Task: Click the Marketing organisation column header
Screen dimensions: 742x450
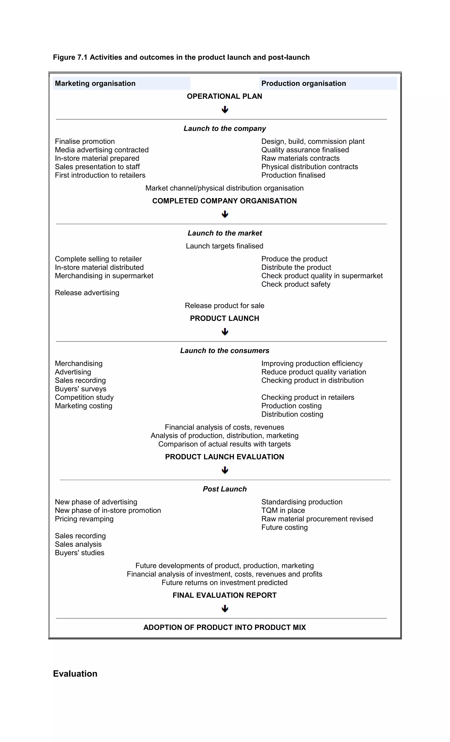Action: click(x=95, y=83)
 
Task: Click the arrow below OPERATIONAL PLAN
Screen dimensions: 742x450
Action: click(x=225, y=110)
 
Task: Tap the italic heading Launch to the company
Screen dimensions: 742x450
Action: click(x=225, y=129)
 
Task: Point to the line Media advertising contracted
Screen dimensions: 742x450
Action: click(x=102, y=150)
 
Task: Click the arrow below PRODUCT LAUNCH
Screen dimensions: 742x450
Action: click(x=225, y=332)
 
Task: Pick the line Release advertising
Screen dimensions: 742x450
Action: click(x=87, y=293)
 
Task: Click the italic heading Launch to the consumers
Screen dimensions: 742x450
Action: click(x=225, y=350)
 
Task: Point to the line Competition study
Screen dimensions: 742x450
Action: click(x=84, y=398)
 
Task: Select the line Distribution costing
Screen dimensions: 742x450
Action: click(x=292, y=414)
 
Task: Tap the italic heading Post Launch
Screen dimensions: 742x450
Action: click(x=225, y=489)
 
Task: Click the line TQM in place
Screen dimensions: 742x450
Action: click(x=283, y=510)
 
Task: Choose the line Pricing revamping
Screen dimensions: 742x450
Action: click(x=84, y=519)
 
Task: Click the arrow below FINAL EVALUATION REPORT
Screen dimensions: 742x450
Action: click(x=225, y=609)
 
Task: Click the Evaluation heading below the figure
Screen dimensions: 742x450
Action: click(x=75, y=674)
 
